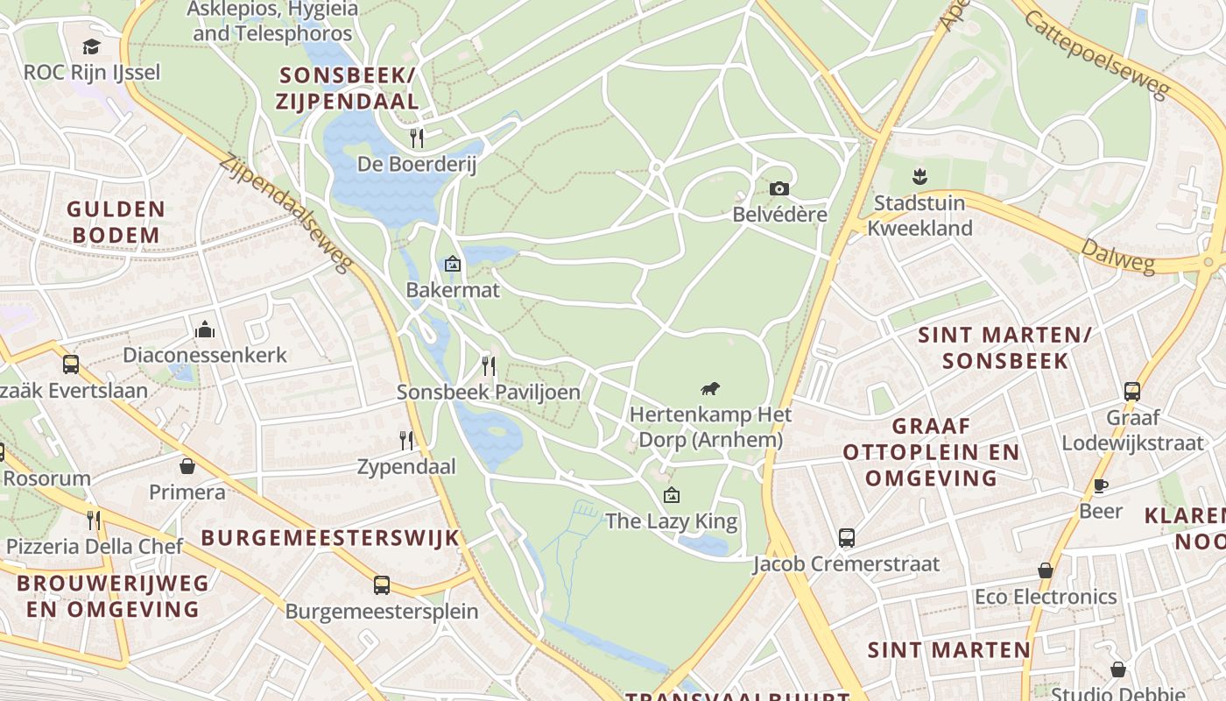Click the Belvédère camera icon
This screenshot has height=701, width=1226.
click(779, 188)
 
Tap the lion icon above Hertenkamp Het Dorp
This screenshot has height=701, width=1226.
click(710, 388)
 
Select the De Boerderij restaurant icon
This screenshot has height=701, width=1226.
click(417, 138)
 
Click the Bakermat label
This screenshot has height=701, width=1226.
click(453, 289)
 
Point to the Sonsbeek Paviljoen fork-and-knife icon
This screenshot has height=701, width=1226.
click(489, 365)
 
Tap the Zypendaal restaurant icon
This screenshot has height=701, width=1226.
click(406, 440)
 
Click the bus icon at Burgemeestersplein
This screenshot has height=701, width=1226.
click(382, 584)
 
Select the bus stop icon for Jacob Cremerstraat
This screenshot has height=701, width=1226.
click(846, 537)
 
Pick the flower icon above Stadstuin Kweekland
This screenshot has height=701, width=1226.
click(919, 176)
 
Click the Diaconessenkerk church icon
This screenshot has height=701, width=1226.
click(205, 329)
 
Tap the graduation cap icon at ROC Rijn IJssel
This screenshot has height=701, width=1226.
click(91, 46)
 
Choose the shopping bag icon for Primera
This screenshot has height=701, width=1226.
click(187, 465)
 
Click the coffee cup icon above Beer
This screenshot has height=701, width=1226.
click(1101, 485)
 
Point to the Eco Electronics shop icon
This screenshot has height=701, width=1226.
click(1045, 570)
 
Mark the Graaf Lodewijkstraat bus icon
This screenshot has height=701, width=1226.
click(1131, 391)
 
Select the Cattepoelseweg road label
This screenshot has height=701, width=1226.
click(1096, 54)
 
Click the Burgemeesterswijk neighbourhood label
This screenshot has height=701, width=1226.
click(330, 537)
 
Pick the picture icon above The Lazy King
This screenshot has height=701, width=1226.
click(671, 495)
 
